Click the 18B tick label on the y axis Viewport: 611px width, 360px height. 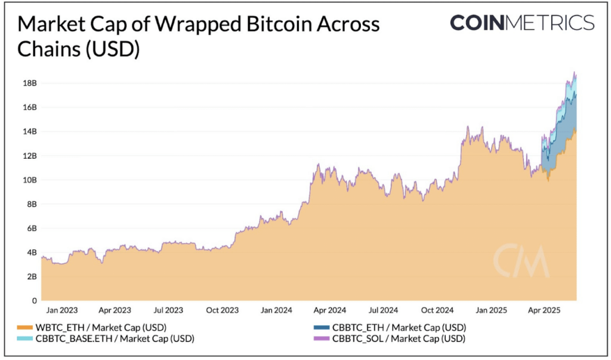point(29,83)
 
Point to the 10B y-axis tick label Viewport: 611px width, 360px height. point(29,180)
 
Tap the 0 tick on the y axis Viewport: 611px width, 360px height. point(34,301)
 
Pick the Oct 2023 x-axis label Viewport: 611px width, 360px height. point(221,311)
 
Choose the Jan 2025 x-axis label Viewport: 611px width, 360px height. point(491,311)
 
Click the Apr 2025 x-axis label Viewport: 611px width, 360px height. point(544,311)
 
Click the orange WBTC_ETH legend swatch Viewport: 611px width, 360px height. point(24,328)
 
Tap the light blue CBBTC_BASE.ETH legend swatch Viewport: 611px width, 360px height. point(24,339)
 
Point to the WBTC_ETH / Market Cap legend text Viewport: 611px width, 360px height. point(100,328)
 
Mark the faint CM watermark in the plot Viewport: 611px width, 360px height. point(520,261)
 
